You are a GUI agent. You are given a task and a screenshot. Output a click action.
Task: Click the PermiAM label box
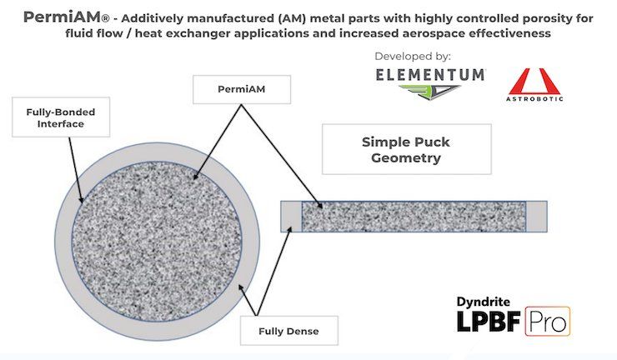click(242, 89)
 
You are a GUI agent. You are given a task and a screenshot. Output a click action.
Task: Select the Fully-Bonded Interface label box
click(61, 117)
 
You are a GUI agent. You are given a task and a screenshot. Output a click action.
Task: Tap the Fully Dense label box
click(288, 331)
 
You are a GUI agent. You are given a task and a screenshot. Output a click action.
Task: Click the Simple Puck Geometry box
click(407, 149)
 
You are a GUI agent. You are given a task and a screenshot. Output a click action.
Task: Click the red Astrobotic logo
click(534, 85)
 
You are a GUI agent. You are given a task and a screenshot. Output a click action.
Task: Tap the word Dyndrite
click(484, 302)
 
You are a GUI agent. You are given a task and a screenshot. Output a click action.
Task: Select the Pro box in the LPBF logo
click(547, 322)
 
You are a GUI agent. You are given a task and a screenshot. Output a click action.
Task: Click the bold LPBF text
click(489, 322)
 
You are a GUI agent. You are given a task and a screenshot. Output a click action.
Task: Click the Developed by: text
click(413, 57)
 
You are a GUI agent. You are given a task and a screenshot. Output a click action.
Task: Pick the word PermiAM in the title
click(62, 17)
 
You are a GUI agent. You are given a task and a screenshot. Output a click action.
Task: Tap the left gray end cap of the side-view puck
click(291, 217)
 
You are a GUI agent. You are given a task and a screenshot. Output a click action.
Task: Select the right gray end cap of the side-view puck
click(536, 217)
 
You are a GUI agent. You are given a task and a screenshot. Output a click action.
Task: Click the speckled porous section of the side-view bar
click(414, 217)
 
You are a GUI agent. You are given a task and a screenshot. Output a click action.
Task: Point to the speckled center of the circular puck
click(157, 242)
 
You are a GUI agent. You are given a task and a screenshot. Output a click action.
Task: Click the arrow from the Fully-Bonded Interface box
click(76, 170)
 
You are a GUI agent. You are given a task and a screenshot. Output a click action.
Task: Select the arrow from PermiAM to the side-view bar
click(282, 156)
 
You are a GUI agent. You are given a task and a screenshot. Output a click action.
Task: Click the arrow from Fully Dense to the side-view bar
click(274, 271)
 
